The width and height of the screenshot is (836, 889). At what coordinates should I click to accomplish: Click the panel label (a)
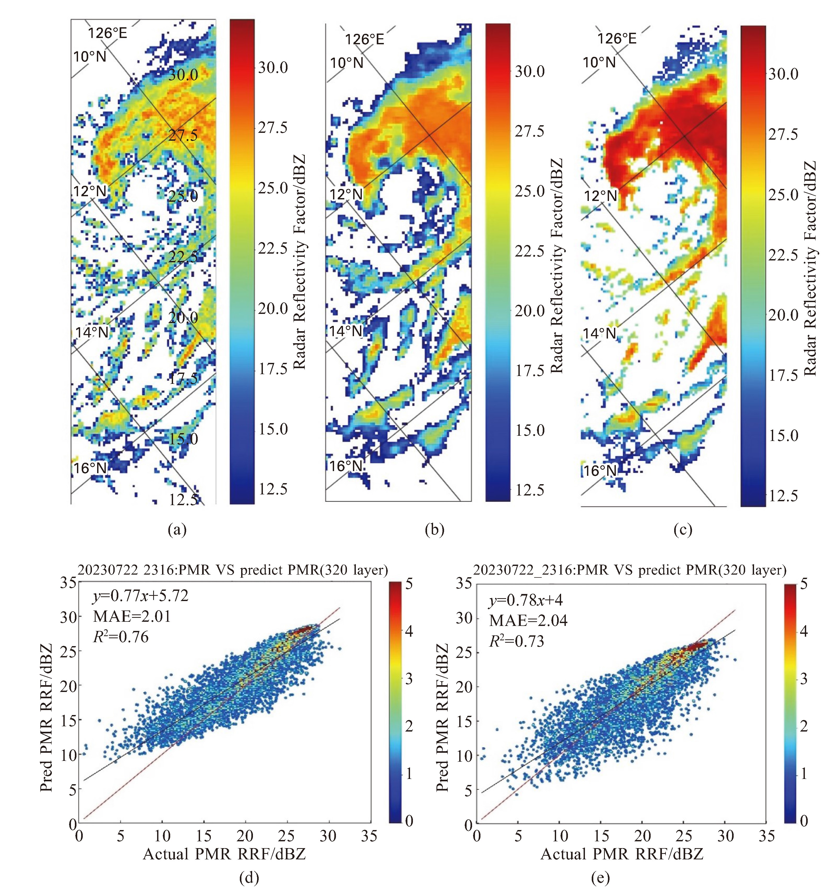(x=177, y=530)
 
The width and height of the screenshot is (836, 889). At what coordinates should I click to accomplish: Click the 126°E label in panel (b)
(x=364, y=39)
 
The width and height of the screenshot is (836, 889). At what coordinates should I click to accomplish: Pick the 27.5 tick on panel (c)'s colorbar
(x=783, y=134)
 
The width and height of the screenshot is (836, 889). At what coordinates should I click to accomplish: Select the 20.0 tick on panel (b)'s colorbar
(x=529, y=311)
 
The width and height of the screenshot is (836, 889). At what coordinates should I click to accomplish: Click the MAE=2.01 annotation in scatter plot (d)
(x=132, y=617)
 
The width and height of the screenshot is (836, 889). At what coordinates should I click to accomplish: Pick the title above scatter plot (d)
(x=232, y=570)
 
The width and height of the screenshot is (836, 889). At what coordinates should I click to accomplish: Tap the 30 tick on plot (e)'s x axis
(x=725, y=835)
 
